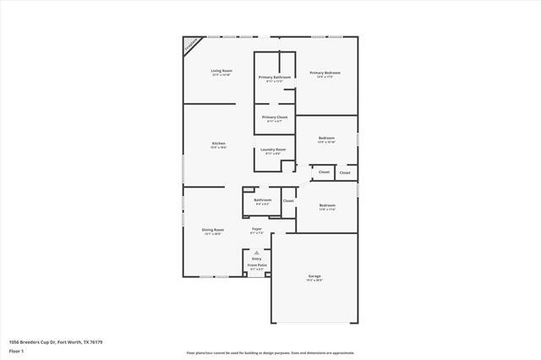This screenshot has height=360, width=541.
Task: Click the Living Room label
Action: pos(221,71)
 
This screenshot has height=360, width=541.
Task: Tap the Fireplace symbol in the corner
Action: pos(193,44)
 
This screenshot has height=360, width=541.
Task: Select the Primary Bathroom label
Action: pos(275,78)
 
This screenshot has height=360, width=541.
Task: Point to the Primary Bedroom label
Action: pos(325,74)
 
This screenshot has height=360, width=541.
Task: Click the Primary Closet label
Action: pos(275,117)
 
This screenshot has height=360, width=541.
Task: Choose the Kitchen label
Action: pos(218,145)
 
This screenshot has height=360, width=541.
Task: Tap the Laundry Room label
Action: pos(275,150)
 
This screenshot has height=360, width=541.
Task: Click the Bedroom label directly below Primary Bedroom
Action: pos(326,139)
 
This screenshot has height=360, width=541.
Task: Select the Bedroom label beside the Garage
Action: pos(327,206)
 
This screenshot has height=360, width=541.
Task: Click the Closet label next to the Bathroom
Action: pos(288,201)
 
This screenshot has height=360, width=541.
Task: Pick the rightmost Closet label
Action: pos(345,173)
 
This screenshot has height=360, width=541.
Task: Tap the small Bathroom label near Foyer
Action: pos(262,201)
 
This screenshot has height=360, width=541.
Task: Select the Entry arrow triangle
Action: pos(256,252)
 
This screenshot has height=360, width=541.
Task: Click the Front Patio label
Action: pos(256,266)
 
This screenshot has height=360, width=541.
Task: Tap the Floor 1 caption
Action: pos(16,351)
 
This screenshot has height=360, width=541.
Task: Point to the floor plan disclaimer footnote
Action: pos(270,352)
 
